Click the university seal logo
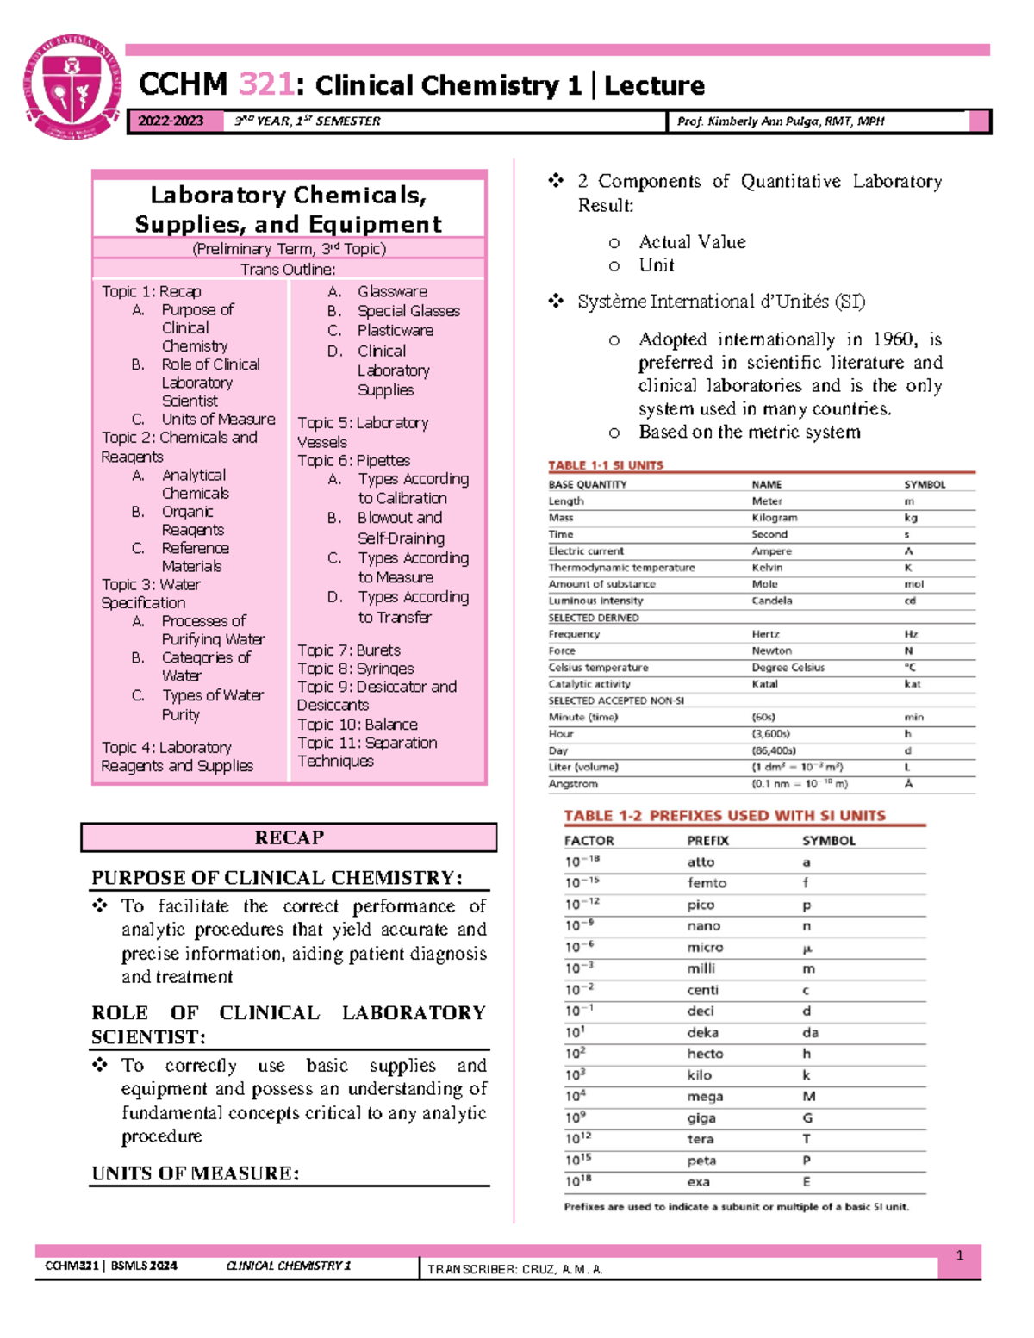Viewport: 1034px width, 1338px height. pyautogui.click(x=72, y=87)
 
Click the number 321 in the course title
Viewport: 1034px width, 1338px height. pyautogui.click(x=266, y=84)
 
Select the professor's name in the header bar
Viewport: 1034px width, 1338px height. pyautogui.click(x=780, y=121)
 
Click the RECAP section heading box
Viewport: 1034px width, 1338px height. pyautogui.click(x=289, y=837)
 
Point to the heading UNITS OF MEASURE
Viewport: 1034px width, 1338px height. pyautogui.click(x=196, y=1173)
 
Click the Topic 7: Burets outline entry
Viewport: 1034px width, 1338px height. pyautogui.click(x=349, y=650)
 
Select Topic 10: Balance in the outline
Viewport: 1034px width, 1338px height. pyautogui.click(x=358, y=724)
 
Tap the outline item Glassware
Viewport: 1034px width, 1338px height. pyautogui.click(x=392, y=291)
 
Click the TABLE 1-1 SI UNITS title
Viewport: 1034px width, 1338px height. pyautogui.click(x=606, y=465)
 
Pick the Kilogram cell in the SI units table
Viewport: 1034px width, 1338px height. pyautogui.click(x=774, y=518)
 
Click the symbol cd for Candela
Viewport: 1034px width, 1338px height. pyautogui.click(x=910, y=601)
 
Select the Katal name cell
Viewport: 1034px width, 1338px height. pyautogui.click(x=764, y=684)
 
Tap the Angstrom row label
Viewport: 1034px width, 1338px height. pyautogui.click(x=573, y=784)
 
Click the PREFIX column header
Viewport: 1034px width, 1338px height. pyautogui.click(x=707, y=841)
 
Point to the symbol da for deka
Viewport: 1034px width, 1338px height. pyautogui.click(x=810, y=1032)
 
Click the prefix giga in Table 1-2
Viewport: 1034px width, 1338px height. pyautogui.click(x=701, y=1117)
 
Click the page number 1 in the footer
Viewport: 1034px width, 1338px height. pyautogui.click(x=959, y=1255)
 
